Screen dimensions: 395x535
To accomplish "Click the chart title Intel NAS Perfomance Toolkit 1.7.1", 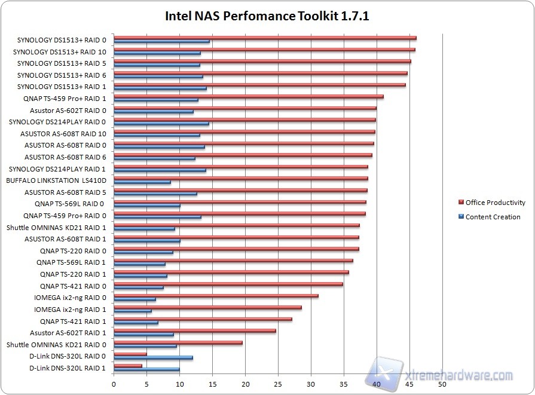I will [267, 16].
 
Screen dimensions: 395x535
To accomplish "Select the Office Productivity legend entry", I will [495, 203].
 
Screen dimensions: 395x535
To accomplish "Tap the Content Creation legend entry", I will [493, 217].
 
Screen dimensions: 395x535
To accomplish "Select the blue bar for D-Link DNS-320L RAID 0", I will [153, 358].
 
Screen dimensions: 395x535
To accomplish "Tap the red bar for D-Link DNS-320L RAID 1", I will [128, 365].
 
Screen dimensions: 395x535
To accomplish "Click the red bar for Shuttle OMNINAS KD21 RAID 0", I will [178, 342].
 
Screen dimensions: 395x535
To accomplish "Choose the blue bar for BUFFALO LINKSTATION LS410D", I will [142, 182].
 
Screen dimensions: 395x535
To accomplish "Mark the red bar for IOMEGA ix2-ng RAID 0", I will [216, 295].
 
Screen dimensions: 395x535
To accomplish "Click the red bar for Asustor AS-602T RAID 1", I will [195, 330].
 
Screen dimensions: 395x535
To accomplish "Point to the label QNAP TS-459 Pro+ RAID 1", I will [65, 99].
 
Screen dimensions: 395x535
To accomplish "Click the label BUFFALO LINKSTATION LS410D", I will [56, 180].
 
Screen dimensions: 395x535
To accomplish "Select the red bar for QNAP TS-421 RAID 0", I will [228, 284].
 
